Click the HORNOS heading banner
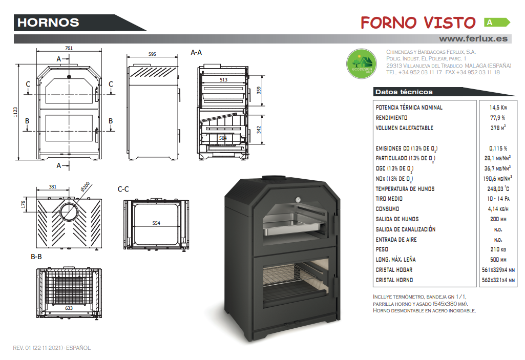tap(48, 23)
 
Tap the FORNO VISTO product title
tap(418, 23)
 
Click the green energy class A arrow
tap(497, 23)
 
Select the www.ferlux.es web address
tap(473, 39)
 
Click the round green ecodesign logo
tap(362, 63)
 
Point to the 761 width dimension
tap(69, 48)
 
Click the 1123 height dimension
tap(15, 112)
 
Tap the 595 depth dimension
tap(152, 54)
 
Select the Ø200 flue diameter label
tap(85, 186)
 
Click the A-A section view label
tap(196, 52)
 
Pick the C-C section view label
tap(123, 189)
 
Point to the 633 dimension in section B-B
tap(69, 308)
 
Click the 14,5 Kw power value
tap(498, 108)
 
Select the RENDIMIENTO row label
tap(391, 118)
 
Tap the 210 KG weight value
tap(498, 249)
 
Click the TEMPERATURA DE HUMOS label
tap(405, 189)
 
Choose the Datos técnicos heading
tap(404, 92)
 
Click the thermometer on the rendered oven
tap(298, 200)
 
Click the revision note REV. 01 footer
tap(52, 348)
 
